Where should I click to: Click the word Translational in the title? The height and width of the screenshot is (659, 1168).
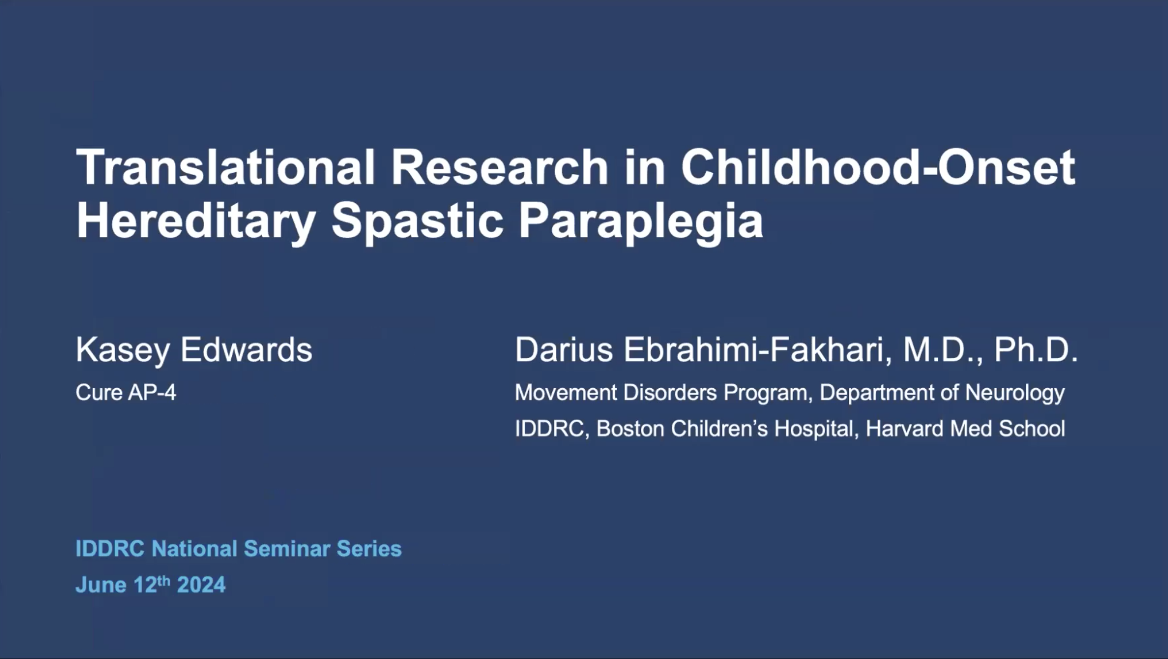click(226, 168)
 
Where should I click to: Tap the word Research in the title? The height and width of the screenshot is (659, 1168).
click(499, 168)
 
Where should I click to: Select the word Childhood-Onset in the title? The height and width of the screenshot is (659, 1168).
click(877, 168)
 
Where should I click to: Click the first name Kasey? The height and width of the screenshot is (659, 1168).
click(122, 351)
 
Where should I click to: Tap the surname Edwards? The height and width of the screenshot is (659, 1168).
click(246, 349)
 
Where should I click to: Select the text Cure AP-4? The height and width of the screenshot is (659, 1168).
click(126, 392)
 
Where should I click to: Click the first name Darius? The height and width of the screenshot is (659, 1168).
click(564, 349)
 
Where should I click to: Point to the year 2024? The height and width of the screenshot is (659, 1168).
click(201, 585)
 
